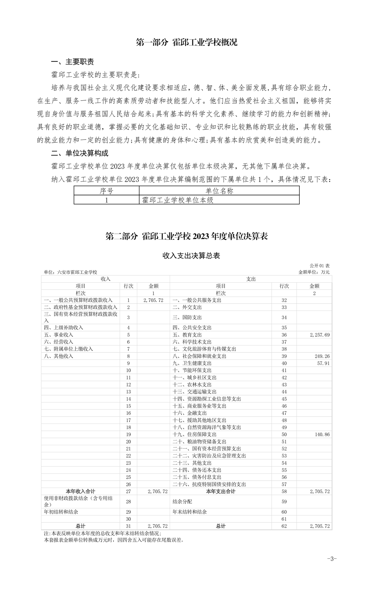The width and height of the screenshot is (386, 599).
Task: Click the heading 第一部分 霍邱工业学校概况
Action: tap(187, 42)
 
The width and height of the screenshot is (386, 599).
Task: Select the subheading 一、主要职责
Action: tap(72, 62)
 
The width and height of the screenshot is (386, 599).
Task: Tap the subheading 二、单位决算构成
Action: tap(79, 153)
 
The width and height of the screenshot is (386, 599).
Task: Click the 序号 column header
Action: tap(106, 191)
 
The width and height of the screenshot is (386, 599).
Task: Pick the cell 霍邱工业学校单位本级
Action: tap(178, 200)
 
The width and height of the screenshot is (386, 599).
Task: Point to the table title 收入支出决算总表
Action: tap(191, 256)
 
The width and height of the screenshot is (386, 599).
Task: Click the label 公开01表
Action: tap(320, 266)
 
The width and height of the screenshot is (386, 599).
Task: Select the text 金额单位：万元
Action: tap(314, 272)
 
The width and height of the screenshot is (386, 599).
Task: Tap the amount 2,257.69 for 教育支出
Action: tap(320, 335)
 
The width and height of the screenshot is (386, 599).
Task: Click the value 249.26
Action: tap(322, 356)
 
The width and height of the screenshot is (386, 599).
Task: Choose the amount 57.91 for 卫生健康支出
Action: tap(323, 363)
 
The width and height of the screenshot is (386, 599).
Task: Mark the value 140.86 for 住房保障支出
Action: tap(322, 435)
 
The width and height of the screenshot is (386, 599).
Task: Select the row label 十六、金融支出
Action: tap(190, 413)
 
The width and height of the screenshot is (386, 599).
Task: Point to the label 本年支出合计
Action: tap(221, 491)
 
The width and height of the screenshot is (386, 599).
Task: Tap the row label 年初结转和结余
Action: tap(63, 512)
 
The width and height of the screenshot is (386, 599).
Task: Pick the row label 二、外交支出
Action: tap(187, 307)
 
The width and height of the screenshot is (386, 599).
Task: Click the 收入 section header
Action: tap(105, 279)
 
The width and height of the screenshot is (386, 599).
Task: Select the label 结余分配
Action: tap(182, 501)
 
